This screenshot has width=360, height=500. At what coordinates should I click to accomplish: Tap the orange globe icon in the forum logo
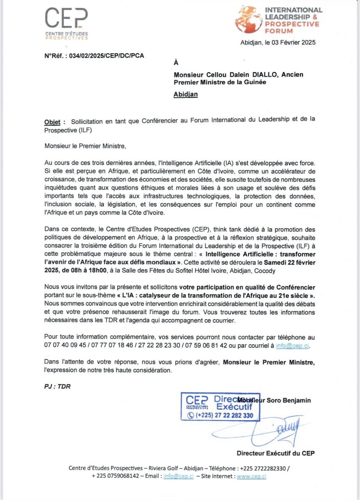248,20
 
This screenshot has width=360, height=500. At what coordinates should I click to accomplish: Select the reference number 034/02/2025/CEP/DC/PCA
106,55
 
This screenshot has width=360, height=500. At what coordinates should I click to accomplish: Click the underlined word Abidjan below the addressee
185,94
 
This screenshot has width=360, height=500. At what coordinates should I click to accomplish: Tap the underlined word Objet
52,121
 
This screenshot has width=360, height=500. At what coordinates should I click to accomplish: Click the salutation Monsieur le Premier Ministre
86,146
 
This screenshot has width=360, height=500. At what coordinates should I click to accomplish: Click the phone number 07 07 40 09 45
65,346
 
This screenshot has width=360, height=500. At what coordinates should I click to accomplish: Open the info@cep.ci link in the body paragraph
292,346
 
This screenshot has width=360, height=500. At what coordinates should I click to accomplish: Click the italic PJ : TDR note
57,386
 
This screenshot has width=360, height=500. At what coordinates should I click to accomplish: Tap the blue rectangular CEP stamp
220,406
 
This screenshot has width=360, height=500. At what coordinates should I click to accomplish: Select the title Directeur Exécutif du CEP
276,453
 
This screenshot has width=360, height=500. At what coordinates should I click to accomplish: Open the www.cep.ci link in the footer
251,476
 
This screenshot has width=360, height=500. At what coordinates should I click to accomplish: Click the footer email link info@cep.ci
178,476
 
